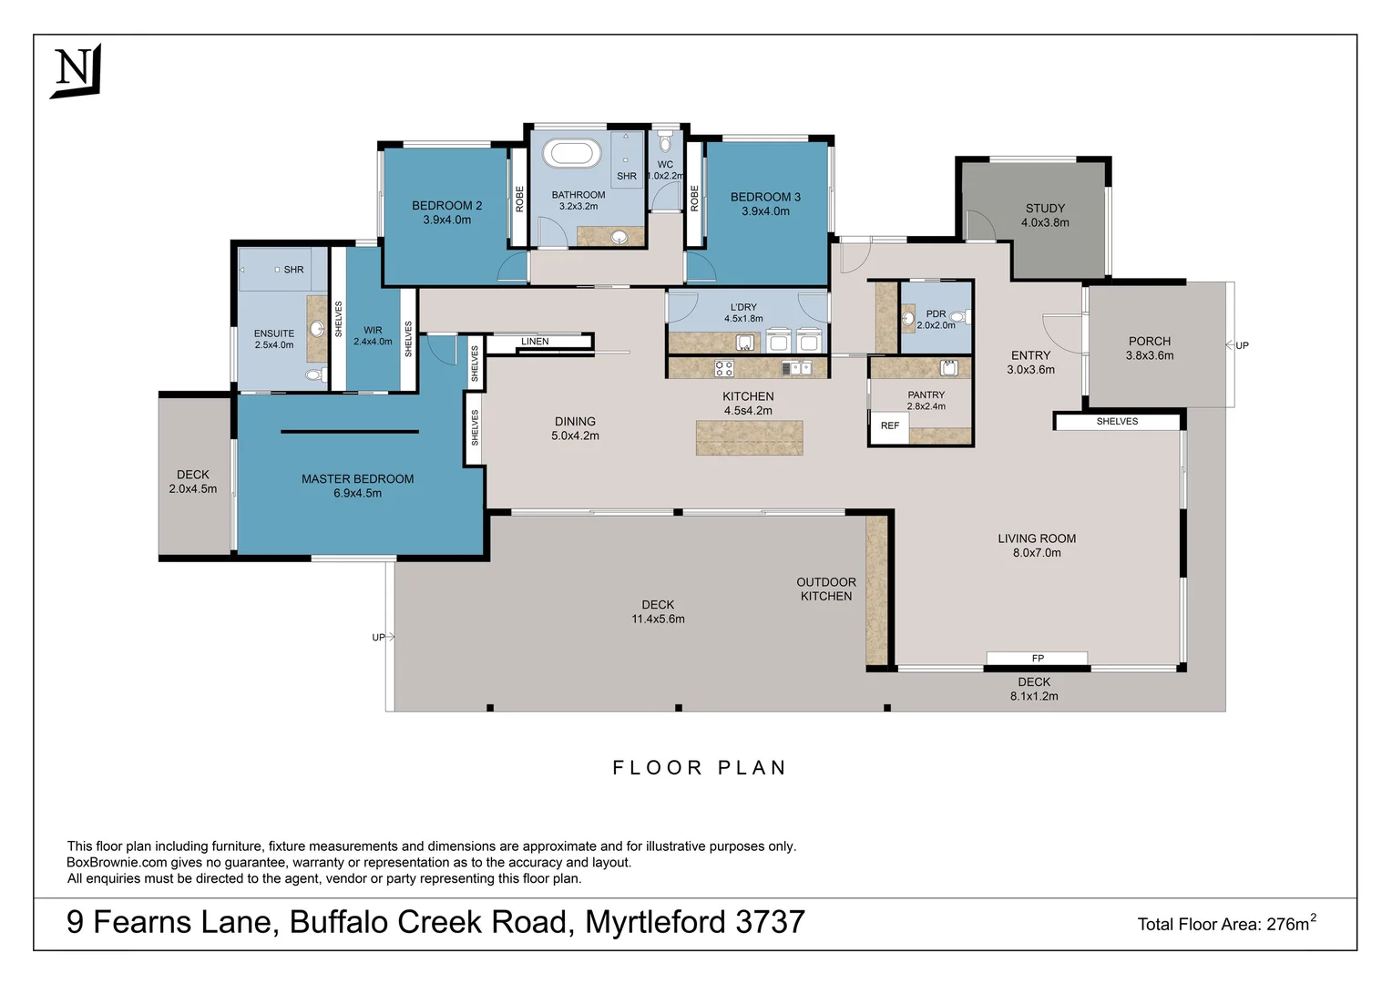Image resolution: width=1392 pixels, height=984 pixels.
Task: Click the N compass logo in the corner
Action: click(75, 70)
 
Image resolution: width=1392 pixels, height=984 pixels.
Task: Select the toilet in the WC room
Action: click(665, 143)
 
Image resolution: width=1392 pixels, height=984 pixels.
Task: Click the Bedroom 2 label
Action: click(446, 206)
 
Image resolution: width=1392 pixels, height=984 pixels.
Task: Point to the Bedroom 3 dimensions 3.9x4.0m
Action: click(765, 211)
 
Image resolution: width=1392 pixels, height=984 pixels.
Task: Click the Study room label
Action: click(1045, 209)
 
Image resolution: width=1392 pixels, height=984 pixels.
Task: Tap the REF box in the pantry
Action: click(890, 426)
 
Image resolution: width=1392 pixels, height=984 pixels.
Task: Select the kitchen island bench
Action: click(749, 437)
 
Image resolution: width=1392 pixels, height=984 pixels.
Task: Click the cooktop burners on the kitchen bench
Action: click(724, 368)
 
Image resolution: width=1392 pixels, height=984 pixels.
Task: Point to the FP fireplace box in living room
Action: click(1037, 658)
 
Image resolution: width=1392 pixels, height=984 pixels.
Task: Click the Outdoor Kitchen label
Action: click(826, 589)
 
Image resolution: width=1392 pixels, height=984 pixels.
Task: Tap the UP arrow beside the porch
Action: click(1237, 345)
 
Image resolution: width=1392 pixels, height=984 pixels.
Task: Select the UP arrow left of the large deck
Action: click(383, 637)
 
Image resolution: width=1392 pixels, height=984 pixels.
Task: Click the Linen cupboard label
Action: click(535, 342)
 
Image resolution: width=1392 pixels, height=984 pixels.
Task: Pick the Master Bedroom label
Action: click(357, 479)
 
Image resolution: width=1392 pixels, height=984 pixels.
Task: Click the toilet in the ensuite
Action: click(314, 374)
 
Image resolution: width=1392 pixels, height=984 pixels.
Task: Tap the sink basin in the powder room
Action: click(908, 318)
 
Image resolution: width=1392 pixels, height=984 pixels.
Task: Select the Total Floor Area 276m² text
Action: click(1226, 924)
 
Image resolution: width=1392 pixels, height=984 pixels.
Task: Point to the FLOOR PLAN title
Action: click(699, 768)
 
